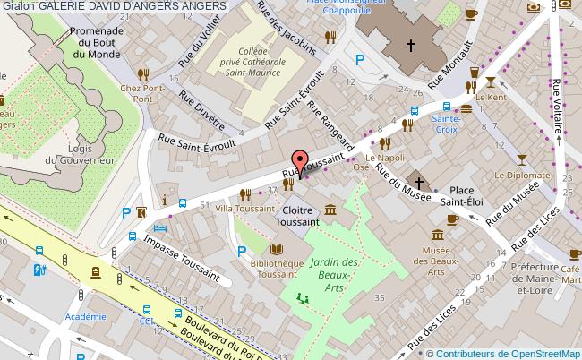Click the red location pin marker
coord(299,163)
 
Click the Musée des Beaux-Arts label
coord(435,261)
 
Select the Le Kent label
coord(492,96)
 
